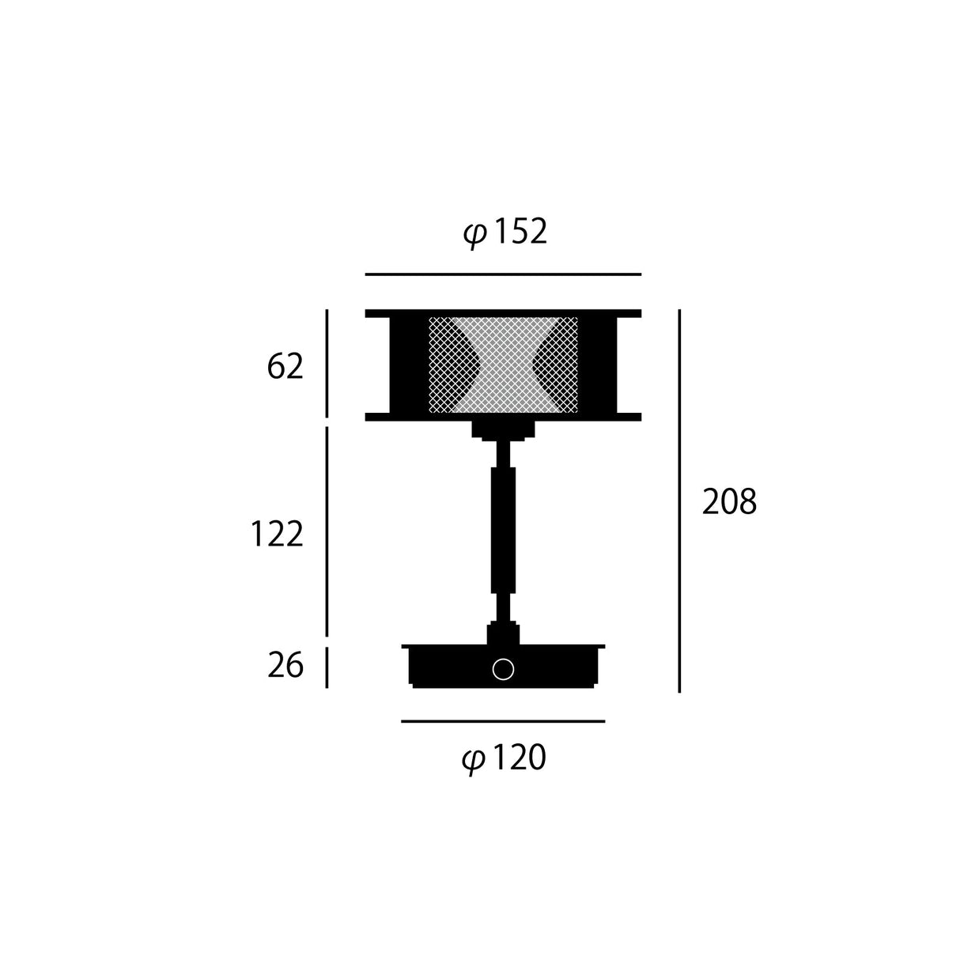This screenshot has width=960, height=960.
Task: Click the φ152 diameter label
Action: (x=505, y=232)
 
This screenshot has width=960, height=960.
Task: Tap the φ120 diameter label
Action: (x=504, y=759)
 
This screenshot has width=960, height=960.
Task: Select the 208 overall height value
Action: (x=729, y=502)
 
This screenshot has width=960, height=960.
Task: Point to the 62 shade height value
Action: (x=285, y=367)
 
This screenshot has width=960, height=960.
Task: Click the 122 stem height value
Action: (x=277, y=535)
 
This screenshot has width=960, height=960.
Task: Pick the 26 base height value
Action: (x=285, y=666)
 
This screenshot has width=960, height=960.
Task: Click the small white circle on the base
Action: (x=503, y=670)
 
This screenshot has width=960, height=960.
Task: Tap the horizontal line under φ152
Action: (x=503, y=274)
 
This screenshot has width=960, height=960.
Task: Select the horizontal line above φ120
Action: (x=503, y=721)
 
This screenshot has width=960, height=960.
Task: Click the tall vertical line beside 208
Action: (x=679, y=501)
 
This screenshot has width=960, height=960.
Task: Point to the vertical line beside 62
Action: (x=327, y=363)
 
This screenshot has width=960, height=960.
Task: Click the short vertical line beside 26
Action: (x=327, y=667)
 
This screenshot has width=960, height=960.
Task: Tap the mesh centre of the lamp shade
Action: (x=503, y=365)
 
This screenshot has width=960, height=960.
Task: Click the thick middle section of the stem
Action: (x=503, y=529)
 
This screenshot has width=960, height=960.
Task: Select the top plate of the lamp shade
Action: (x=503, y=313)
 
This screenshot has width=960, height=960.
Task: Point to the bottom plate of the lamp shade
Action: (x=503, y=417)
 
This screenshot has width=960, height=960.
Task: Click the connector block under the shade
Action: (x=503, y=430)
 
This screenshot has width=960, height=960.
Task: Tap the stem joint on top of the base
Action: (x=503, y=633)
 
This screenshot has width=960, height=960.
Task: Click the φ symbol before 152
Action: (x=474, y=235)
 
